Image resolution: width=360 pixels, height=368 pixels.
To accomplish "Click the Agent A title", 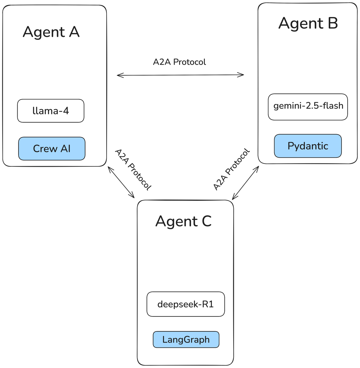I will click(x=51, y=32).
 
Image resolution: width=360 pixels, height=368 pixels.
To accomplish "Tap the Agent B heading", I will click(x=308, y=23).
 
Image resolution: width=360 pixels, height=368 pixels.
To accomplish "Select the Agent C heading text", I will click(x=183, y=221).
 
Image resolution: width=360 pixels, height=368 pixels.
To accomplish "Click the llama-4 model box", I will click(x=51, y=111).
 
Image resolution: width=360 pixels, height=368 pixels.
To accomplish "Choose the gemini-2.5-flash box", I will click(x=308, y=107).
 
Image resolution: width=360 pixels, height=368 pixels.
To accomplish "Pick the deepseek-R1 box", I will click(x=185, y=304).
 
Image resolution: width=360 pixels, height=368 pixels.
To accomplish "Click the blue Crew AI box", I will click(x=52, y=149).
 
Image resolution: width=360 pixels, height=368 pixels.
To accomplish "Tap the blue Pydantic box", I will click(x=308, y=146).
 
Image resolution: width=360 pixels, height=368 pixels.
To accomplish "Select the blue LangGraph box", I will click(x=186, y=339).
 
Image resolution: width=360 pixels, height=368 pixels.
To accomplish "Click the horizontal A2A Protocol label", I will click(x=179, y=62).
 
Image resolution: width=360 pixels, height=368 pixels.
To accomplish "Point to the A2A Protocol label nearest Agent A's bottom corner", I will click(x=133, y=170).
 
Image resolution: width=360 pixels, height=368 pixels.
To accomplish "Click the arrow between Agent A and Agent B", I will click(x=180, y=75).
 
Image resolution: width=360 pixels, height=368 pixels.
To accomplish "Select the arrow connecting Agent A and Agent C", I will click(x=121, y=182).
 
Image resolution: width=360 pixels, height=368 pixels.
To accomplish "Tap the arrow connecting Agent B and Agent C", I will click(x=245, y=183).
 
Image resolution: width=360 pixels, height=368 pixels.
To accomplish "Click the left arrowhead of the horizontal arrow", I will click(x=118, y=75).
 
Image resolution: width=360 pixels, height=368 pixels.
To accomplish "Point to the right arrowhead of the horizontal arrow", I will click(x=242, y=75).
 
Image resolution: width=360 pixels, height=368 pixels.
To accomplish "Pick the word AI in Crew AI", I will click(x=66, y=149).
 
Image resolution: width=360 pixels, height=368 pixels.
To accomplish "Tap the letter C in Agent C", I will click(x=206, y=221).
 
